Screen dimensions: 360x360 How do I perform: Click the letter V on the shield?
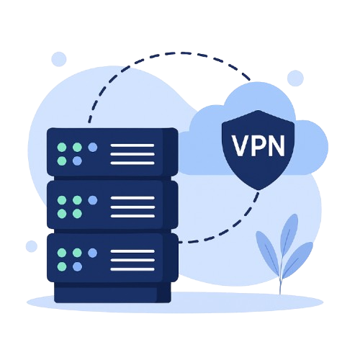click(241, 145)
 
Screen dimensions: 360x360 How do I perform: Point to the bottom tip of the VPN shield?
click(258, 190)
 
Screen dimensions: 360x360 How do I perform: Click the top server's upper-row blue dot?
click(93, 147)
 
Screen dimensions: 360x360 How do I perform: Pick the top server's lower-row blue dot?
click(77, 161)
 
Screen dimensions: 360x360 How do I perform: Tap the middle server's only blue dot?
click(93, 200)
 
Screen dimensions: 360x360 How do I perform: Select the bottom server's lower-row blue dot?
click(77, 266)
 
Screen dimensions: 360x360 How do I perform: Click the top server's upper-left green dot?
click(62, 147)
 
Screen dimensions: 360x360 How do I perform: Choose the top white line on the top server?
click(132, 145)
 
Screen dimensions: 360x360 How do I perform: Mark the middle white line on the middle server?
click(132, 207)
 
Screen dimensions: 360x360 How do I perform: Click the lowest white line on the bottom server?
click(132, 269)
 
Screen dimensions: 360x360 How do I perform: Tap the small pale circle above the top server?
click(59, 59)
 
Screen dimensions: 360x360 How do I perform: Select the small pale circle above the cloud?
click(295, 78)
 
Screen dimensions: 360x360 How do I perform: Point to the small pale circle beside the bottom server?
click(32, 246)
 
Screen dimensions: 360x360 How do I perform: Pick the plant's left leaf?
click(268, 251)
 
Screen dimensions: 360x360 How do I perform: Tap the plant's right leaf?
click(297, 259)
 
